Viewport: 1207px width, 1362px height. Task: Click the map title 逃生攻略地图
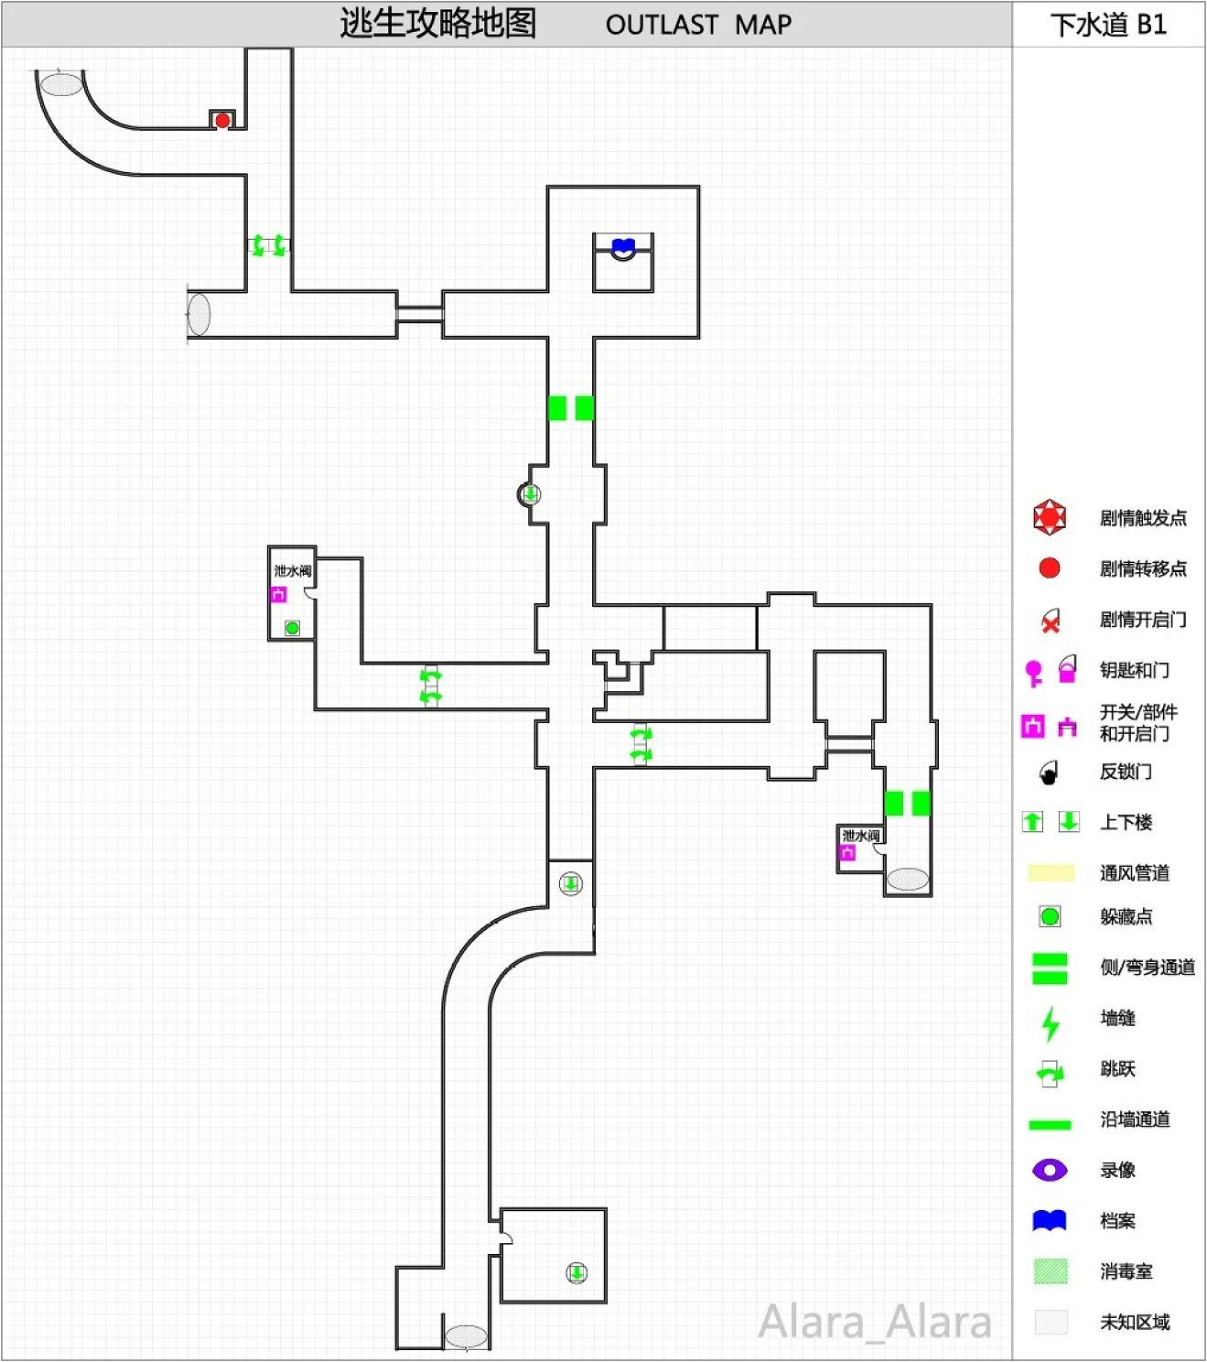(437, 24)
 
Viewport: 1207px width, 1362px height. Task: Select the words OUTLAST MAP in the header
(698, 25)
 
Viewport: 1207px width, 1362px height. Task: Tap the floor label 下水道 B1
(1108, 25)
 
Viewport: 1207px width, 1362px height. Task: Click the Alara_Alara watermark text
(875, 1322)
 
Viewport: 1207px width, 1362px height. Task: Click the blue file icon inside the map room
(623, 245)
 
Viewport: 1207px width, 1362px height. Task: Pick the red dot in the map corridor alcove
(222, 120)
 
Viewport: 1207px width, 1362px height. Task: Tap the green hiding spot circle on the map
(292, 628)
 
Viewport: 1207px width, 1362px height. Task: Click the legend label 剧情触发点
(1142, 518)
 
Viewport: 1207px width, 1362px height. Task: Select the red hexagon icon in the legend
(1049, 517)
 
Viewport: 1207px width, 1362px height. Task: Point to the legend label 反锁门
(1126, 772)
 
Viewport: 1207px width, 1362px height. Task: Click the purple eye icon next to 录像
(1049, 1169)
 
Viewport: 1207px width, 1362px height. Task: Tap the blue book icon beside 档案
(1049, 1220)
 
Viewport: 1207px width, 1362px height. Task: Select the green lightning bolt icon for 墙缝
(1051, 1023)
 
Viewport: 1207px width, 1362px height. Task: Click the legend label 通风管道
(1134, 873)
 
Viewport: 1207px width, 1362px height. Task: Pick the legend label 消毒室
(1126, 1271)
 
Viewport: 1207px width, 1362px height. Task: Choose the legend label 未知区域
(1134, 1322)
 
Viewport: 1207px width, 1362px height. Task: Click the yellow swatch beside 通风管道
(1051, 873)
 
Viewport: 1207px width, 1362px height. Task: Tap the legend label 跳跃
(1117, 1068)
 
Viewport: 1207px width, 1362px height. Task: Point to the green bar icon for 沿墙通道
(1049, 1124)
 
